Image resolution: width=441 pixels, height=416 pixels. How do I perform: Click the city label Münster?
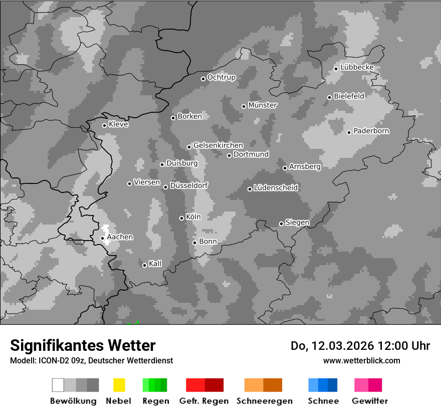click(263, 105)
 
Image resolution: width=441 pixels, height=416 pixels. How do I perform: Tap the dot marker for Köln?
click(181, 218)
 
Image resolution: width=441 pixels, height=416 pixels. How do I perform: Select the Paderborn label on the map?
click(371, 131)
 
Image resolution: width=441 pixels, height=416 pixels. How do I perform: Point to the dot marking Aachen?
click(102, 239)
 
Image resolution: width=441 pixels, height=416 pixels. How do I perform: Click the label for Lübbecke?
click(357, 67)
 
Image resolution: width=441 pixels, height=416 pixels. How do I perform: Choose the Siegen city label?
click(297, 223)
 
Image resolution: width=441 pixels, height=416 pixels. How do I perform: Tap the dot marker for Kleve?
click(104, 125)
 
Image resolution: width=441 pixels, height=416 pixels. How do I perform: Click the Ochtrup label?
click(222, 77)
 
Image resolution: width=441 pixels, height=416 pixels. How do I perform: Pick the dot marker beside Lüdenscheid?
click(250, 189)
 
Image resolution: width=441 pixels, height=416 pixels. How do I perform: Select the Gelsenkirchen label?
click(218, 145)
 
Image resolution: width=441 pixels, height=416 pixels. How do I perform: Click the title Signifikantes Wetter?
click(83, 345)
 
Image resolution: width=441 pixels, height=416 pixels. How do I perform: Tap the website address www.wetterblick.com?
click(361, 360)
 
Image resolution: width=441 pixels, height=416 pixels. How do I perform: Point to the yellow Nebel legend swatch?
click(119, 385)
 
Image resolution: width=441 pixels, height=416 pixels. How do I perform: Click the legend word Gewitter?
click(369, 401)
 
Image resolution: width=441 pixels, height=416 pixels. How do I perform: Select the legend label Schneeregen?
click(265, 401)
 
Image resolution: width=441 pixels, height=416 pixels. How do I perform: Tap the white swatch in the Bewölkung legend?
click(58, 385)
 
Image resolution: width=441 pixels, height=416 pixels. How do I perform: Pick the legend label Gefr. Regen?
click(203, 401)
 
